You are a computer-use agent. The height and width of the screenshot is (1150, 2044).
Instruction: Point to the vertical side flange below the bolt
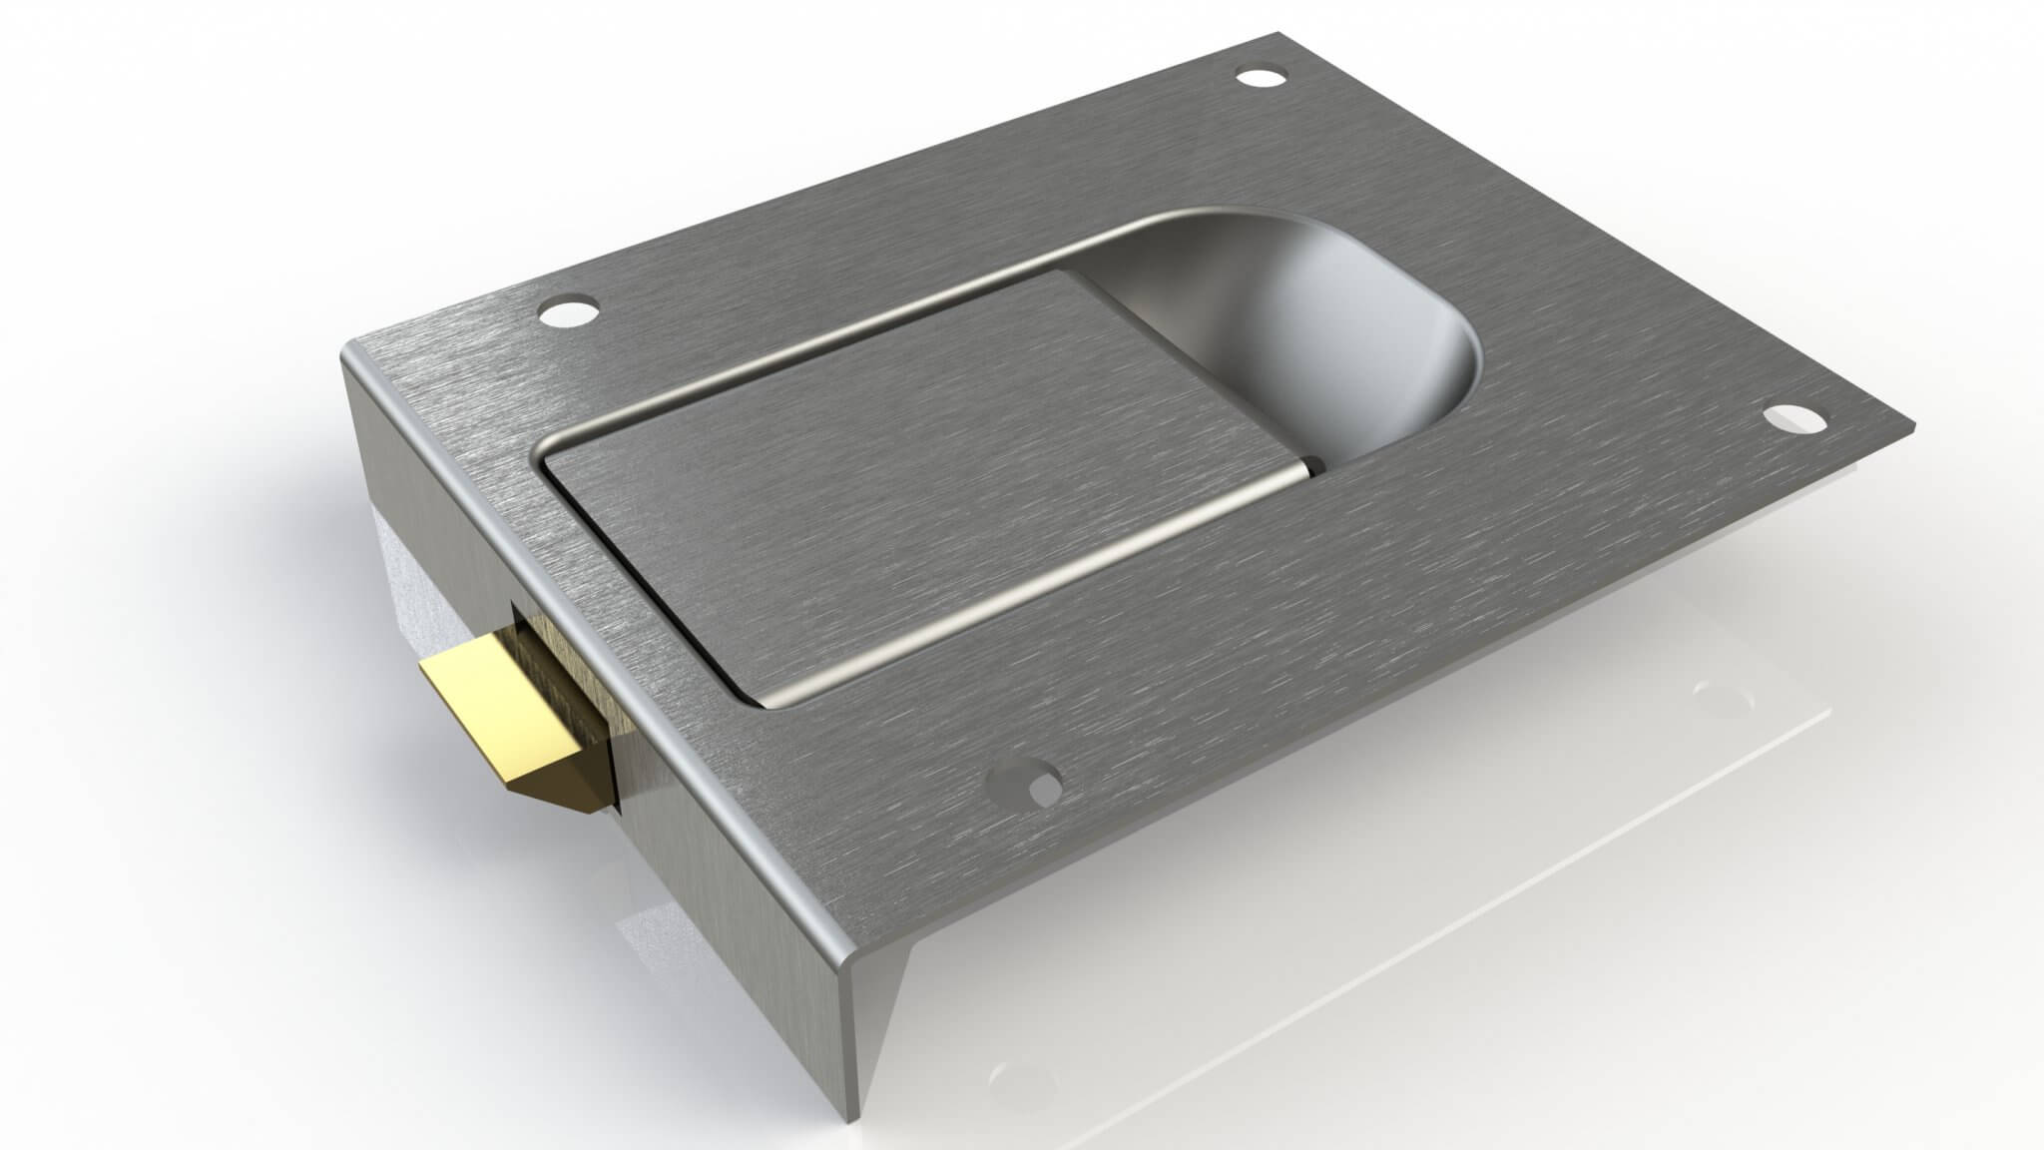(x=719, y=878)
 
